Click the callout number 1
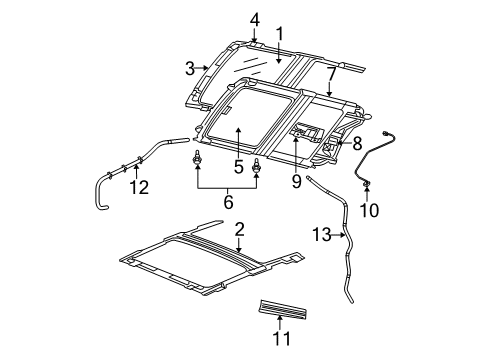click(x=280, y=32)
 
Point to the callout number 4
click(x=254, y=18)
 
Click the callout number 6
click(x=227, y=202)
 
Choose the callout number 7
click(x=331, y=73)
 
